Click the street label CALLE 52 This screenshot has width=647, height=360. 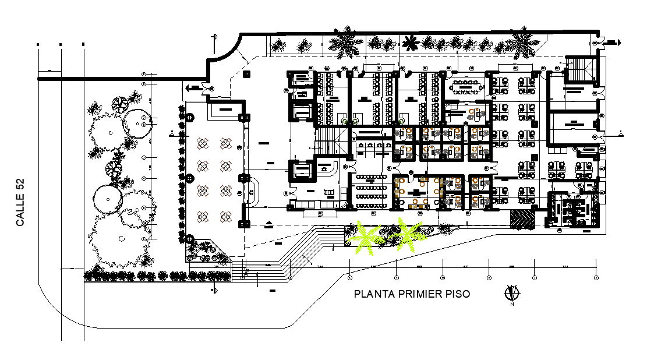pyautogui.click(x=20, y=202)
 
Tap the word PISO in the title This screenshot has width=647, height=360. pyautogui.click(x=458, y=294)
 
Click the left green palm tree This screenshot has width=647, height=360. pyautogui.click(x=365, y=238)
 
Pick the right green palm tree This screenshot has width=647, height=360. pyautogui.click(x=407, y=234)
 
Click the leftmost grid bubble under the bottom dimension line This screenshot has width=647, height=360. pyautogui.click(x=349, y=276)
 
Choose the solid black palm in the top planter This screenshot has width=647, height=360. pyautogui.click(x=412, y=43)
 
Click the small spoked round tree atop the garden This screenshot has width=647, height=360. pyautogui.click(x=121, y=105)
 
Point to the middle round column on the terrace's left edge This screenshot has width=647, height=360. pyautogui.click(x=190, y=178)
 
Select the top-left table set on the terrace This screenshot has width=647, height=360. pyautogui.click(x=203, y=143)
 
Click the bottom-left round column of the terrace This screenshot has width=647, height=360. pyautogui.click(x=190, y=238)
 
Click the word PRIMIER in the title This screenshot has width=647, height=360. pyautogui.click(x=420, y=294)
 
